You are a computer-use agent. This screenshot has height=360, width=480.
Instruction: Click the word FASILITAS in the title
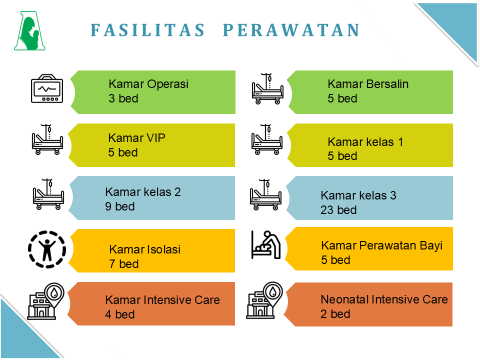point(147,30)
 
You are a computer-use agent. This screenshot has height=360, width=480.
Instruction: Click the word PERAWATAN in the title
point(291,30)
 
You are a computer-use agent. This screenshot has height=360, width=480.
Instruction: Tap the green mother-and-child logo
point(29,30)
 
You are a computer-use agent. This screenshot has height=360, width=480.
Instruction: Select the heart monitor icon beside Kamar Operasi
point(47,88)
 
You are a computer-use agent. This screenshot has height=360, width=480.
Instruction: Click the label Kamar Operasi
point(148,84)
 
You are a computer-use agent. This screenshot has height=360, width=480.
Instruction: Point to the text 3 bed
point(123,98)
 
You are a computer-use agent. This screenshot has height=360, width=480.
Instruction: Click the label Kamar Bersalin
point(368,84)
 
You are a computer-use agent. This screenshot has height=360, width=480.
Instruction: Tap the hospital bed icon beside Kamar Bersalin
point(267,89)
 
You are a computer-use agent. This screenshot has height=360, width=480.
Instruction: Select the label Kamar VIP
point(136,138)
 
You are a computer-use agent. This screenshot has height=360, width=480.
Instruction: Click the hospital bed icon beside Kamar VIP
point(47,139)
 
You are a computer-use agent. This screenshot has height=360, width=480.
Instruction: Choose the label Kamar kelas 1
point(365,142)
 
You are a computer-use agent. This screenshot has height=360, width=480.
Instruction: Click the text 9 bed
point(120,206)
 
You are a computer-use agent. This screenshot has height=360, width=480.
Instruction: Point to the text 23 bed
point(338,210)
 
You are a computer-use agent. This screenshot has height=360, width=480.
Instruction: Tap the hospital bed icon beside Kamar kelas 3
point(265,194)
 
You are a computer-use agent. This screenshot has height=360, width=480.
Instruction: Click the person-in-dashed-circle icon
point(47,249)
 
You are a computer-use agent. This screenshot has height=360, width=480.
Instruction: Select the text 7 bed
point(124,264)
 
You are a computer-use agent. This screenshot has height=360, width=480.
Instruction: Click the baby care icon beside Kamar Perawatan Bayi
point(265,245)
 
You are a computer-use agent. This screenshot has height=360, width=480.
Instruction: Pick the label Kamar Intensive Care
point(162,300)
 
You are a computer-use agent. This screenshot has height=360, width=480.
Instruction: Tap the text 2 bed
point(335,314)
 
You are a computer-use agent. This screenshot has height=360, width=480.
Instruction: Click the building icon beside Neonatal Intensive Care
point(264,300)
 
